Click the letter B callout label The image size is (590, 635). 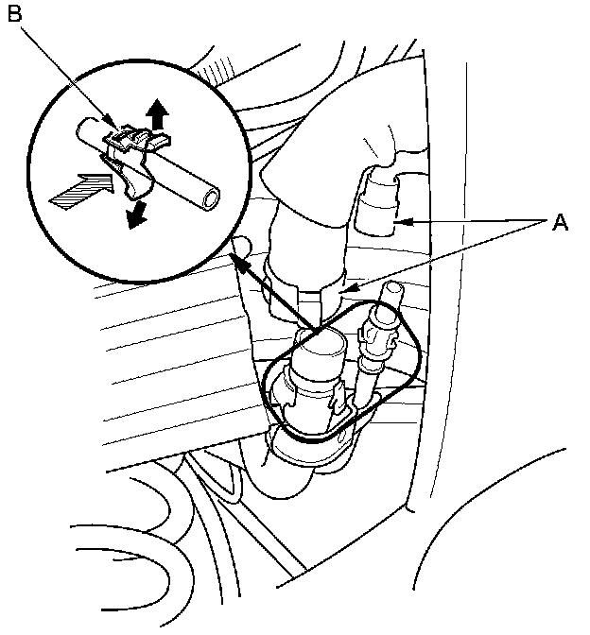pos(15,15)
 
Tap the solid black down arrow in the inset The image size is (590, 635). pos(138,215)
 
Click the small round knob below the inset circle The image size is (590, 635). pos(242,248)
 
